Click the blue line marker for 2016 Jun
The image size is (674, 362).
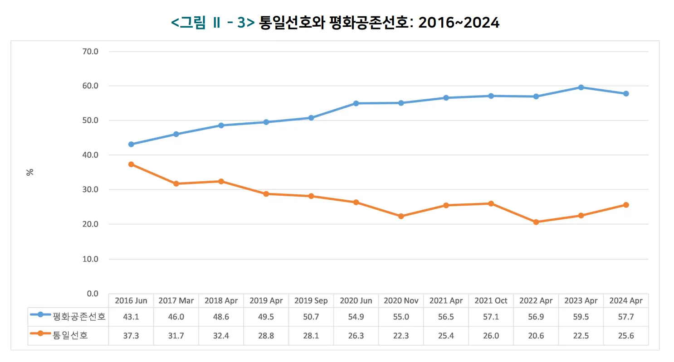coord(131,145)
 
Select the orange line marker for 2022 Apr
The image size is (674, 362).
coord(536,222)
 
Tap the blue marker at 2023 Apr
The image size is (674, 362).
coord(581,87)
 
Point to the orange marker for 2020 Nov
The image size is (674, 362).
coord(401,216)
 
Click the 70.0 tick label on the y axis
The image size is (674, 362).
coord(90,52)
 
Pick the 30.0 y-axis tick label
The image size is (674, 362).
coord(90,190)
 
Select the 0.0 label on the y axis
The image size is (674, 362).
coord(93,294)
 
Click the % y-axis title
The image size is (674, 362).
coord(30,172)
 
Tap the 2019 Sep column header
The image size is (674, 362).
coord(311,301)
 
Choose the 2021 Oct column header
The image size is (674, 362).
coord(491,301)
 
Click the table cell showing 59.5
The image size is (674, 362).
coord(581,317)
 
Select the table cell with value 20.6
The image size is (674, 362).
coord(536,336)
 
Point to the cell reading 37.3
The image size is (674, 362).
coord(131,336)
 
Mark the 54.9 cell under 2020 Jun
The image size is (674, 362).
coord(356,317)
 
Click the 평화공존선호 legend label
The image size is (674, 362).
coord(79,317)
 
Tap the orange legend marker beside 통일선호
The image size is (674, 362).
coord(40,333)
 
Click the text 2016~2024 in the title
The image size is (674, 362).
coord(459,23)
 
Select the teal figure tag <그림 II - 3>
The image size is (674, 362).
coord(213,23)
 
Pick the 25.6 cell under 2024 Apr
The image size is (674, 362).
coord(626,336)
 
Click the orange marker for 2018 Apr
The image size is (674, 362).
coord(221,181)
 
